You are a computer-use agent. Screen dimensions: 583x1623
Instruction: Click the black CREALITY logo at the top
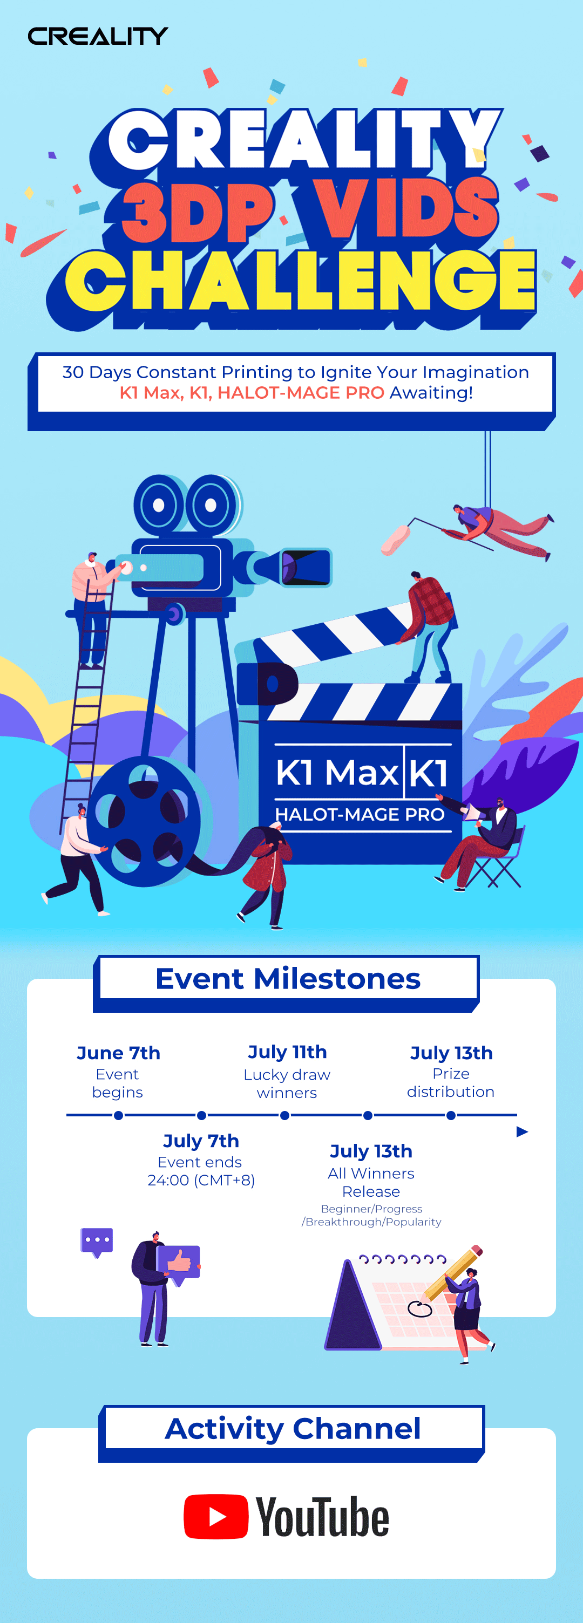[98, 36]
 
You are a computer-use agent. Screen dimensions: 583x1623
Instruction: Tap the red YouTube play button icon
[215, 1517]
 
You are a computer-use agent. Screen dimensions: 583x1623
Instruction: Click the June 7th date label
[119, 1053]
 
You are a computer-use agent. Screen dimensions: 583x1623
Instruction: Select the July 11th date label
[287, 1052]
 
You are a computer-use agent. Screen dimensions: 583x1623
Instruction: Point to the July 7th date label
[201, 1141]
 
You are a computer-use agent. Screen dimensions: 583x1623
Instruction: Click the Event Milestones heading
[287, 978]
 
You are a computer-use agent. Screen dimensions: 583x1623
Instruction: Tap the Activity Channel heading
[293, 1428]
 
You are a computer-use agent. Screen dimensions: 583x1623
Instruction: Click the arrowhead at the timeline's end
[522, 1132]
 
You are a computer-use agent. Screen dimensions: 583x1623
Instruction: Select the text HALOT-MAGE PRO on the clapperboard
[360, 815]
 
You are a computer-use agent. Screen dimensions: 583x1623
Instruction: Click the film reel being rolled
[144, 822]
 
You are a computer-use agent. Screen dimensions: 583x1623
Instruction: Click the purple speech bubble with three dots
[97, 1242]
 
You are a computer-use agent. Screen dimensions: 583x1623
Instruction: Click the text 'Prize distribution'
[451, 1082]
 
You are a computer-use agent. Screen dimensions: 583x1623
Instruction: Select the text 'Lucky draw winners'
[287, 1083]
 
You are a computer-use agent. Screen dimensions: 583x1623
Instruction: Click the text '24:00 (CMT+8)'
[201, 1180]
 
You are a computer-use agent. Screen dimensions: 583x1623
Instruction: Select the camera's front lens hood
[306, 567]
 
